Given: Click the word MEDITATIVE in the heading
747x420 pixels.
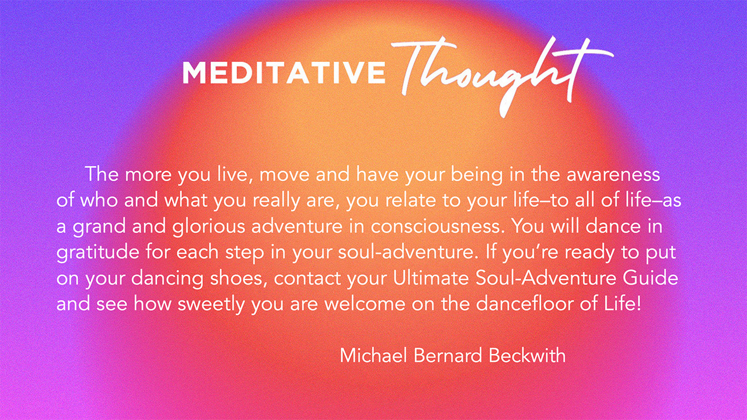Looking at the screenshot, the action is [x=284, y=72].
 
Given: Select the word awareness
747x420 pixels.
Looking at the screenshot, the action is [x=613, y=174].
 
